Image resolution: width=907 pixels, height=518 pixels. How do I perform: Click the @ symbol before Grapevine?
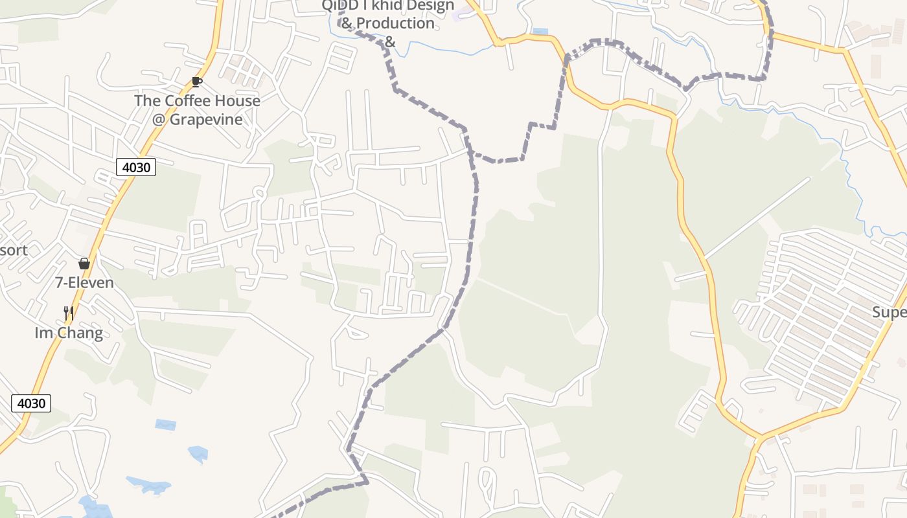click(159, 120)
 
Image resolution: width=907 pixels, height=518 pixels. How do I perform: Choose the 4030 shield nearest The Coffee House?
click(136, 167)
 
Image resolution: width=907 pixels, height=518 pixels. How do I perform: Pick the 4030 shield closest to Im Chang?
click(31, 403)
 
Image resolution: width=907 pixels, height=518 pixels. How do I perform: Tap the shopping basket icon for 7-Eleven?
click(84, 264)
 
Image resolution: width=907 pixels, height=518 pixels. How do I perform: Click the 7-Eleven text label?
click(84, 283)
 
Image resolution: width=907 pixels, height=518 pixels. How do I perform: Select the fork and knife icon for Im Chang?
click(69, 313)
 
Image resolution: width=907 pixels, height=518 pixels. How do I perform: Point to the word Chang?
click(80, 333)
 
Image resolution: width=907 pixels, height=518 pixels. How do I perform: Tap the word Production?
click(395, 23)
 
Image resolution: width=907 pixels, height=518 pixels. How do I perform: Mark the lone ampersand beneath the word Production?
click(389, 42)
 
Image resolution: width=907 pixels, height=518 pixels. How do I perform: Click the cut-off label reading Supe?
click(889, 313)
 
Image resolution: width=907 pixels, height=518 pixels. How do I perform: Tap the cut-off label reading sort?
click(13, 250)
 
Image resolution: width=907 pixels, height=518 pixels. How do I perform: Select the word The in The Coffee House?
click(147, 101)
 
